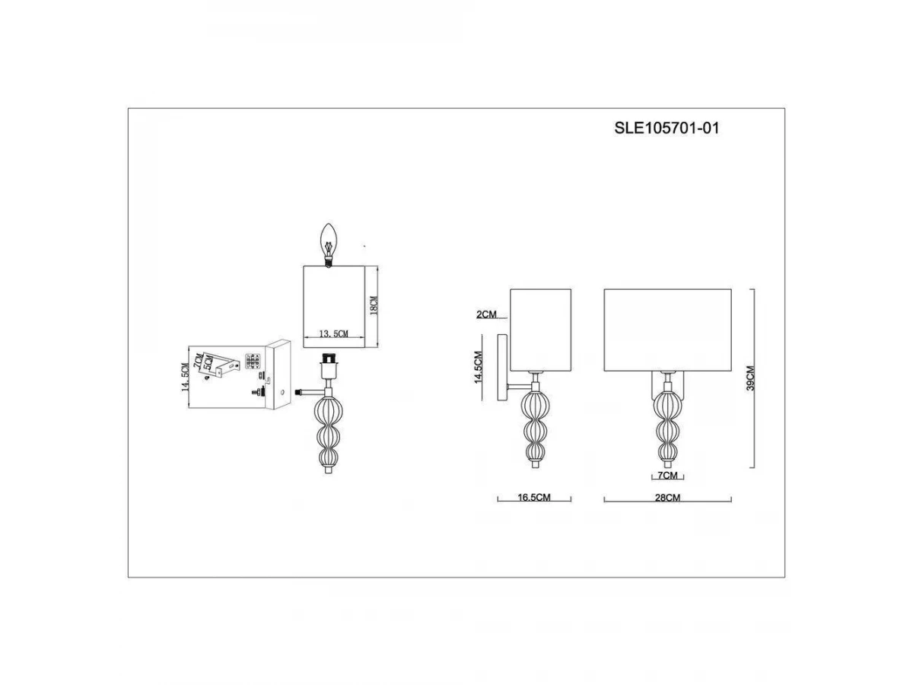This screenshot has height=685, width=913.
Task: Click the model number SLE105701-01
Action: pos(666,128)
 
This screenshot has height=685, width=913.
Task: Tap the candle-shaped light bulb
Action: pos(328,244)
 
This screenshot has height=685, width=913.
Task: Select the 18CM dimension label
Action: pos(374,306)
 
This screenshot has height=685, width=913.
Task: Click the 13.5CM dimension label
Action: pos(333,333)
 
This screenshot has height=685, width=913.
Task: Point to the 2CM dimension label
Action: pos(486,314)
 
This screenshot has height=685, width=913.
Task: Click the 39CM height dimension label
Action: pos(750,378)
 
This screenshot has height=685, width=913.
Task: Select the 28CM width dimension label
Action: pos(667,498)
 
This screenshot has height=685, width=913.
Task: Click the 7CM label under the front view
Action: pos(667,476)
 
